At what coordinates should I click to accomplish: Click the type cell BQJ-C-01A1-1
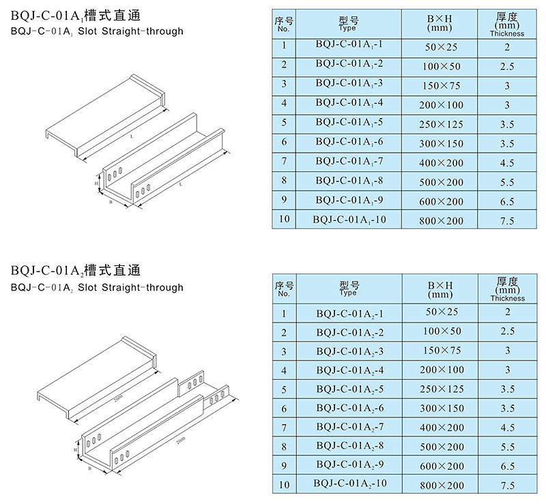[x=349, y=44]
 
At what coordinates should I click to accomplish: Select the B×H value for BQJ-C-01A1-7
[x=441, y=163]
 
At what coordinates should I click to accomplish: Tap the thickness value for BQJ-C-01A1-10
[x=507, y=221]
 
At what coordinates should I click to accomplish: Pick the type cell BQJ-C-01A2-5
[x=350, y=389]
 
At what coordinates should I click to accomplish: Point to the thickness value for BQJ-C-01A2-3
[x=507, y=350]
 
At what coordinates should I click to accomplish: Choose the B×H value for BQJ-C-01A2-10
[x=442, y=485]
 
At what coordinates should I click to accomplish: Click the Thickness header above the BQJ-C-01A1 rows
[x=507, y=34]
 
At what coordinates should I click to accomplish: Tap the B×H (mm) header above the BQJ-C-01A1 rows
[x=440, y=23]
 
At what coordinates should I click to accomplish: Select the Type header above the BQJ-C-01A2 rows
[x=349, y=289]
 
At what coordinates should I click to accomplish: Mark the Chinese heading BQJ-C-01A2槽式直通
[x=76, y=271]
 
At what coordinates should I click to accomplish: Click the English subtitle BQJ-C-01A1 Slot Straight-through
[x=97, y=31]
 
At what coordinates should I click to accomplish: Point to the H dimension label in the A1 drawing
[x=96, y=183]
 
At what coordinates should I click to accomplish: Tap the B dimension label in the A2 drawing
[x=89, y=469]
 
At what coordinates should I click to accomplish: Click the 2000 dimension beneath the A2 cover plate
[x=118, y=398]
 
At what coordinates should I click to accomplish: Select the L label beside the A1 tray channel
[x=181, y=184]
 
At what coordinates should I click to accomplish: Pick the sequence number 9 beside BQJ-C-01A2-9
[x=284, y=466]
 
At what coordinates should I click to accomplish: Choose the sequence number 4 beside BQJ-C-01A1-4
[x=284, y=104]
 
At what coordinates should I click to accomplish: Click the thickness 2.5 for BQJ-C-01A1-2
[x=507, y=66]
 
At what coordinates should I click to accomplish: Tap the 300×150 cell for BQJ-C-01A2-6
[x=442, y=408]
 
